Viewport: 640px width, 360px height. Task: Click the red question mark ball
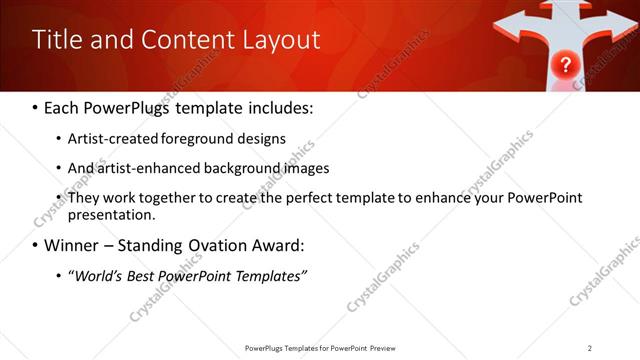565,66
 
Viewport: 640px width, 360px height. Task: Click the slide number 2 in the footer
590,348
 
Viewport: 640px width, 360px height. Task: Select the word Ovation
226,245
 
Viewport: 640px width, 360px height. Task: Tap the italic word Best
140,275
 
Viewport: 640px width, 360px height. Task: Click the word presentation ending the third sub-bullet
110,214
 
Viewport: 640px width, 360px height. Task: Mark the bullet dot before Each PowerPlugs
36,106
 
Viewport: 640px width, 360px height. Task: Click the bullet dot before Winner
36,245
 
